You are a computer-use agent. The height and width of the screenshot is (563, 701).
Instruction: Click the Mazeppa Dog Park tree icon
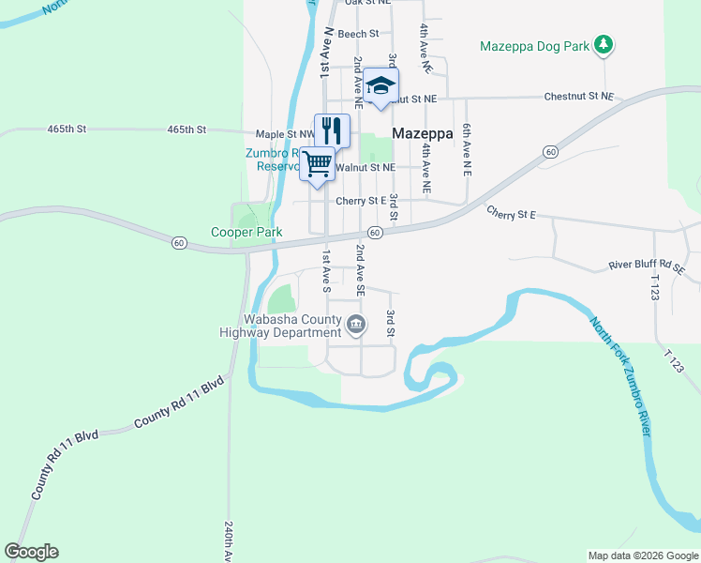click(x=605, y=44)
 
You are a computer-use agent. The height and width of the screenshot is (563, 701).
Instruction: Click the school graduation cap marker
click(x=380, y=85)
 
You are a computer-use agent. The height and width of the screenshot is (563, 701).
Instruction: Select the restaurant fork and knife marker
click(x=332, y=129)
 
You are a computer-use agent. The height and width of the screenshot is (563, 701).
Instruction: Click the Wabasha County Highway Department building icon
click(x=356, y=326)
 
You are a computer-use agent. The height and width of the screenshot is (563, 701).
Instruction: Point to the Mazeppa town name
click(x=423, y=133)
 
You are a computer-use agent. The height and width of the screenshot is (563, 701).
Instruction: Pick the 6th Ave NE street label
click(x=466, y=149)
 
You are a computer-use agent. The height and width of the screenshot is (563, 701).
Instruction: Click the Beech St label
click(x=358, y=34)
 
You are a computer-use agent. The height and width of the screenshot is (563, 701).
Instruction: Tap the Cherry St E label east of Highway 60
click(x=511, y=214)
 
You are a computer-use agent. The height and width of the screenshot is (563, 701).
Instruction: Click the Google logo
click(x=31, y=552)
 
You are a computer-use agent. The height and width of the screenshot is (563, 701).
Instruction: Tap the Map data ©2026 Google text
click(x=642, y=555)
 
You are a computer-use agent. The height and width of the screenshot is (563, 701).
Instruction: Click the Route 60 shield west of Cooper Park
click(x=179, y=243)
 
